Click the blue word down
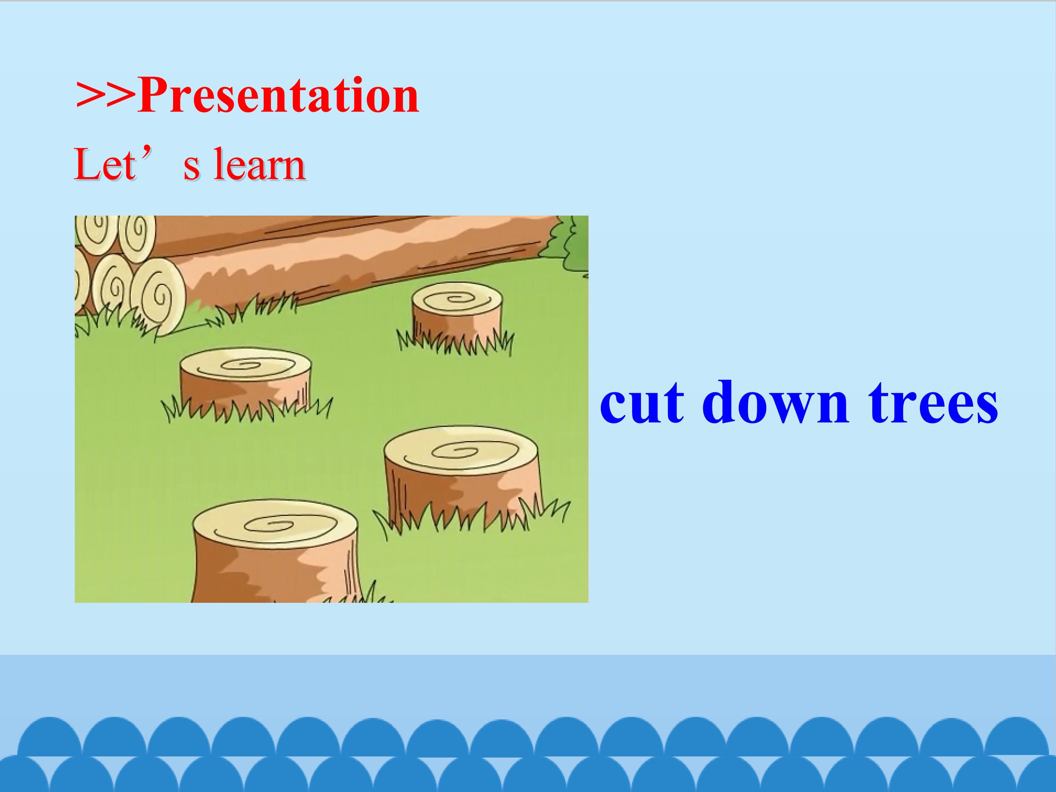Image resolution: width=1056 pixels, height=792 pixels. [x=775, y=401]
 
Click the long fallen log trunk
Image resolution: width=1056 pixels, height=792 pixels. [x=363, y=258]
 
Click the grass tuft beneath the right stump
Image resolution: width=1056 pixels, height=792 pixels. [x=470, y=516]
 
